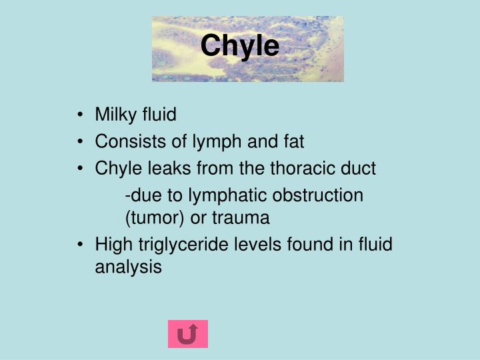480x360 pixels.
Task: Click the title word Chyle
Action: point(239,46)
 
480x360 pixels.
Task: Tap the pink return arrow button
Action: point(187,334)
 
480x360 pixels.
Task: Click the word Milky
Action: point(115,115)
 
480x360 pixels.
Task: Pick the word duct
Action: point(360,169)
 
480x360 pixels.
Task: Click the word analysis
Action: point(128,267)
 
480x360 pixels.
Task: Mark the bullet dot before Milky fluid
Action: point(81,115)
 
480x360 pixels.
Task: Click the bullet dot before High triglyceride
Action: point(81,245)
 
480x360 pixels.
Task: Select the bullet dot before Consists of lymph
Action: point(81,142)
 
